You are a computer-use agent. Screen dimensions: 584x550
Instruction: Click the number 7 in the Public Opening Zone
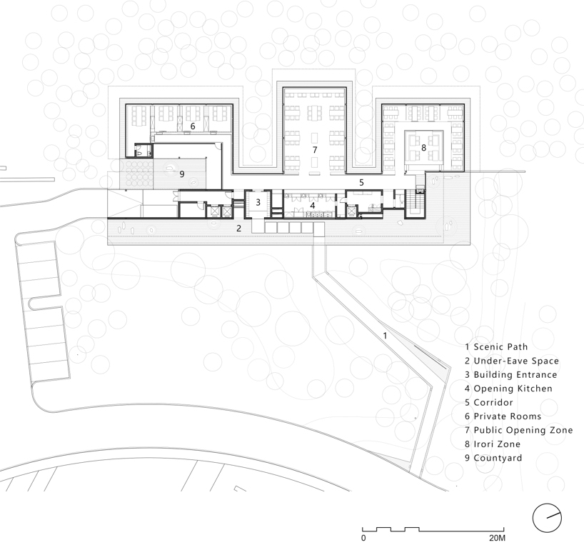315,150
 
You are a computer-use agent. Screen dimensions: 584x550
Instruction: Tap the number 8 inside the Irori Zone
423,148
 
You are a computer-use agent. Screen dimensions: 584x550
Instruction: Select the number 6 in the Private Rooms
193,126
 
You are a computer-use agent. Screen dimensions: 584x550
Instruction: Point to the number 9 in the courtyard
182,174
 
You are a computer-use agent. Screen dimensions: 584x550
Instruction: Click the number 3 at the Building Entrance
258,203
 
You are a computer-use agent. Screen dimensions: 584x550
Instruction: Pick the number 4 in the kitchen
313,205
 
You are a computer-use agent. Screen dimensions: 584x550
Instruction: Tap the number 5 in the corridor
361,183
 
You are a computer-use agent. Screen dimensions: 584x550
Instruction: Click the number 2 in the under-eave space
238,228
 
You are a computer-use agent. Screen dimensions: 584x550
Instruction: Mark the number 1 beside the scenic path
385,336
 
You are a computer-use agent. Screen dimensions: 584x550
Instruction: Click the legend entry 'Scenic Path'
496,347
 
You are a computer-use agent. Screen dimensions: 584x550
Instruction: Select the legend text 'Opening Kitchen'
508,389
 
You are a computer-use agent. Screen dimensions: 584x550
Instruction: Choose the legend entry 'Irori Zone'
493,444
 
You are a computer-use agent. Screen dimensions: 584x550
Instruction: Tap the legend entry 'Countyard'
493,458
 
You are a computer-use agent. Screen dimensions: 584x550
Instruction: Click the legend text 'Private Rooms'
503,416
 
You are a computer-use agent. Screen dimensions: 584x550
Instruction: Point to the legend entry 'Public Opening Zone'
519,431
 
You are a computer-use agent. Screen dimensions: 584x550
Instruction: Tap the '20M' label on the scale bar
497,538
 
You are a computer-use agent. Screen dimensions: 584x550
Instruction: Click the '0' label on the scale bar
363,538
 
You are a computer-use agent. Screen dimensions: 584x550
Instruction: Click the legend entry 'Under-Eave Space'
512,361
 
